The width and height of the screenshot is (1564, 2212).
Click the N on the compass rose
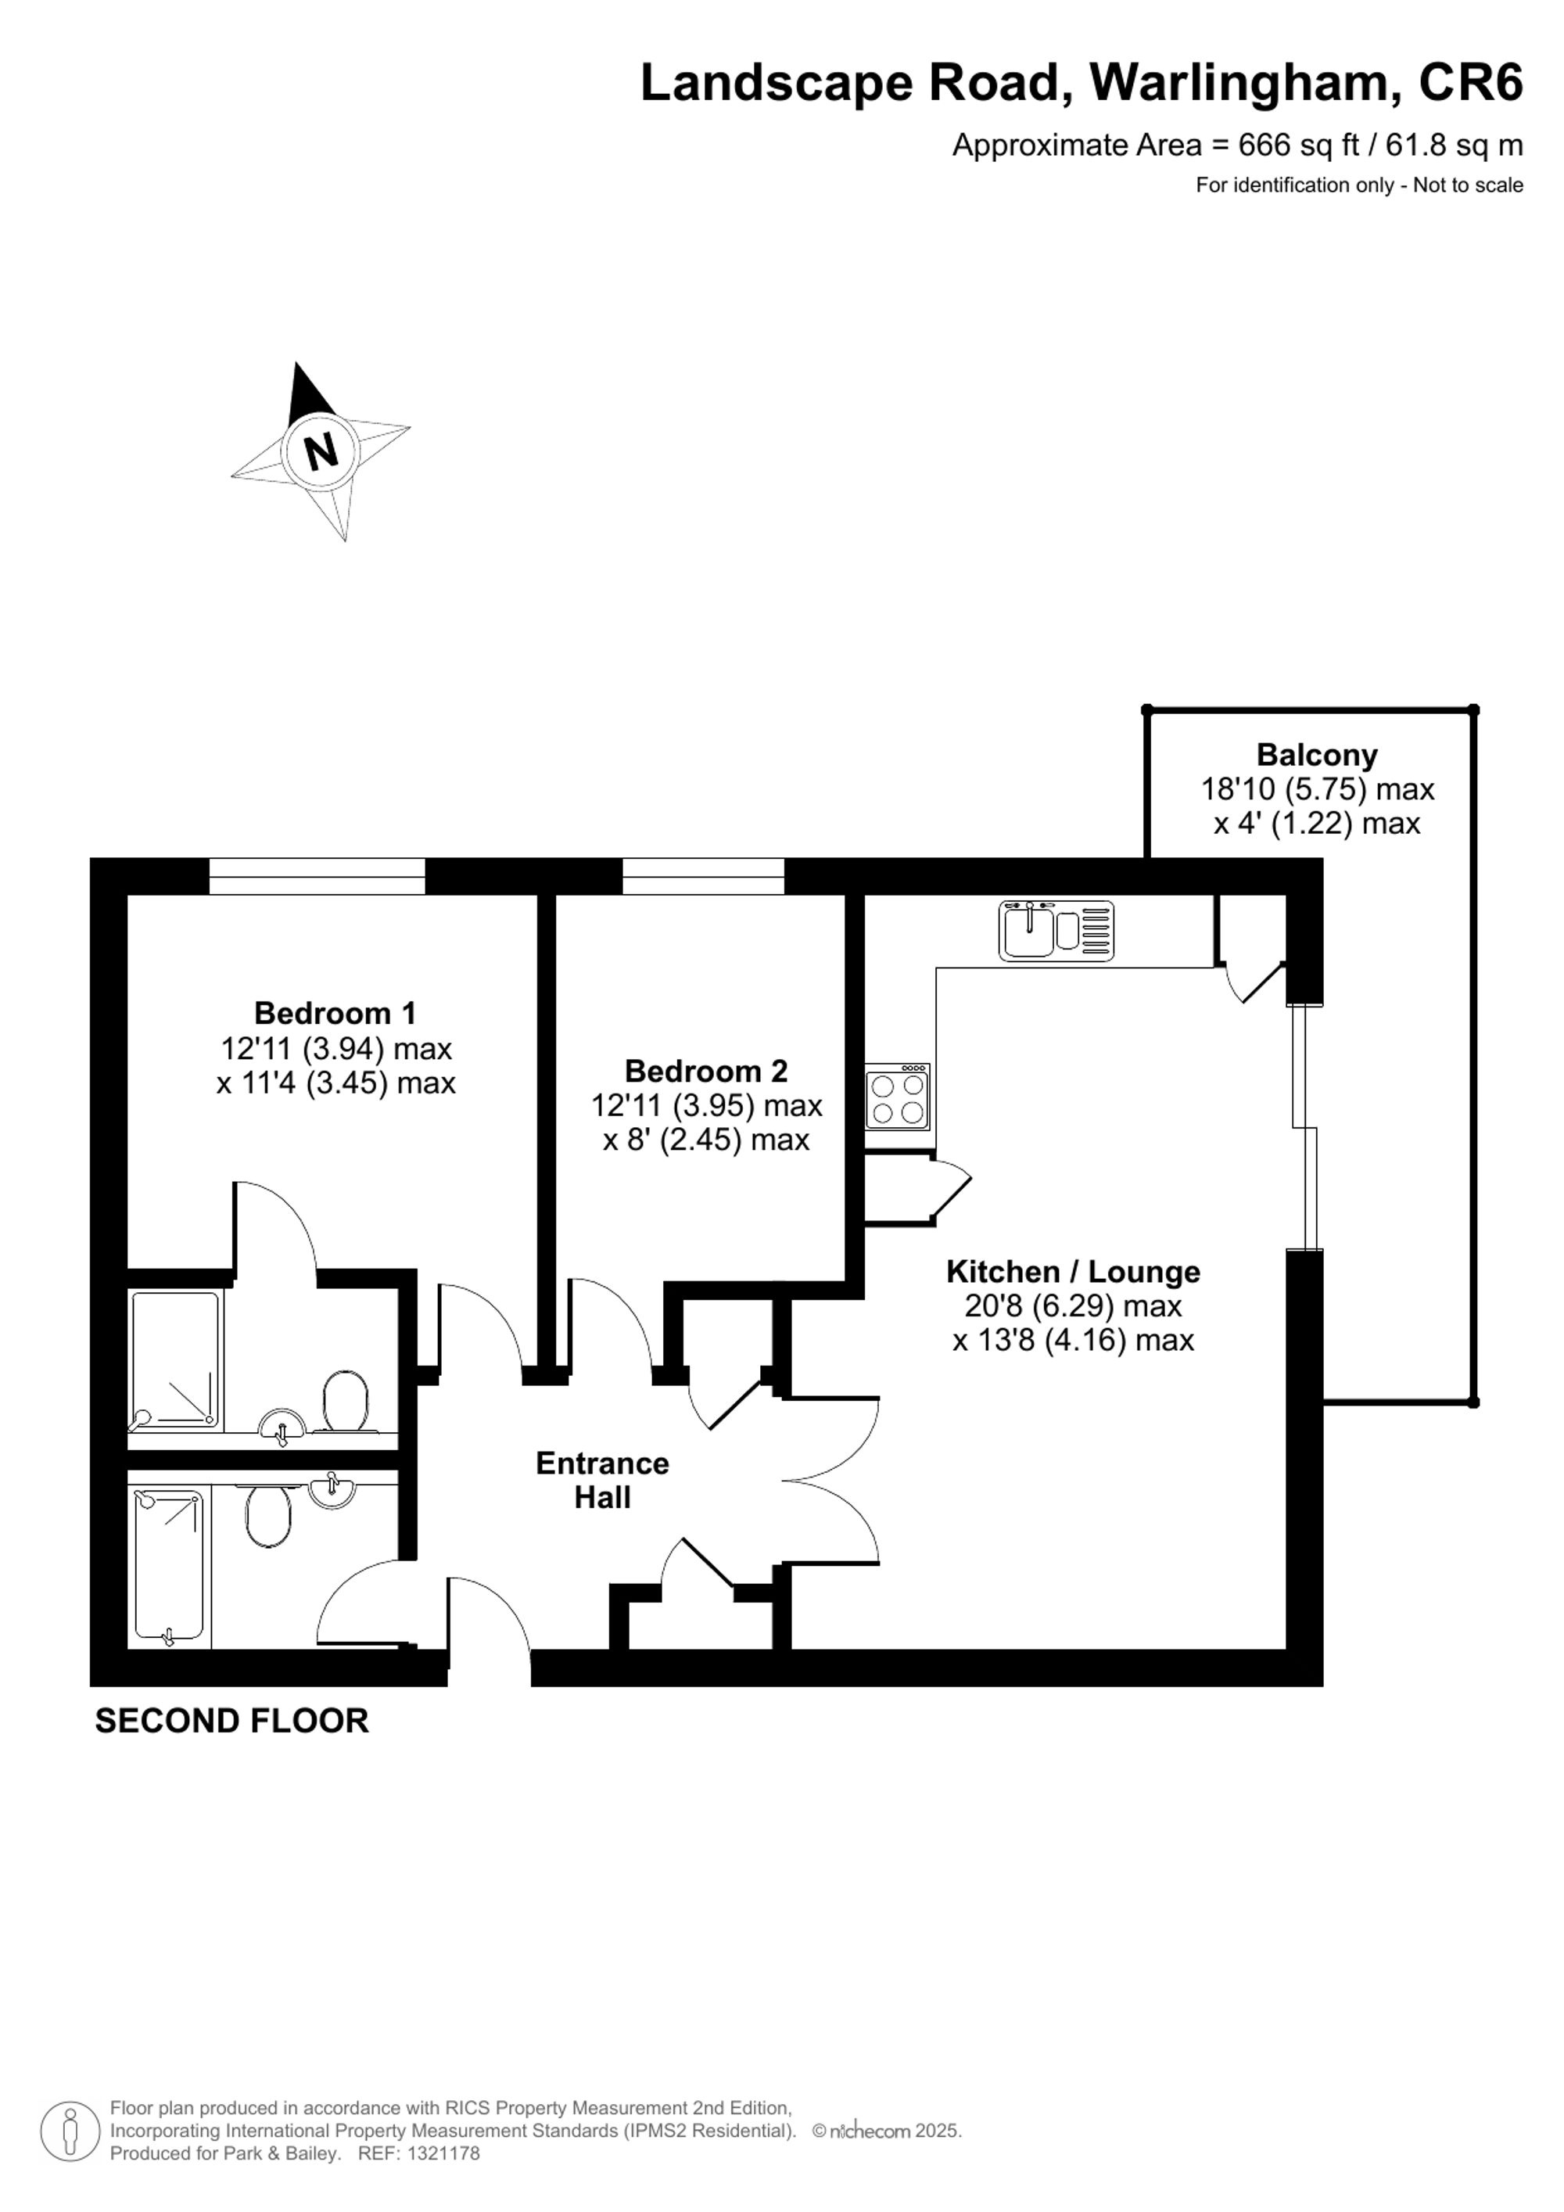tap(321, 449)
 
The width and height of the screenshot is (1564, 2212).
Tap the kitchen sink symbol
tap(1056, 931)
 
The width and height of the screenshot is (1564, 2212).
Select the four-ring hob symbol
tap(897, 1097)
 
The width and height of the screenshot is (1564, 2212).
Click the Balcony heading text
tap(1315, 754)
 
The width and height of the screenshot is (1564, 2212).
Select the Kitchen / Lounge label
tap(1072, 1272)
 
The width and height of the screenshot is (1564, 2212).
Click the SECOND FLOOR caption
tap(231, 1721)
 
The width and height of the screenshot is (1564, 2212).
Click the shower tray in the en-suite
tap(175, 1359)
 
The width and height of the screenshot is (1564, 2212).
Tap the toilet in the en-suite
tap(345, 1402)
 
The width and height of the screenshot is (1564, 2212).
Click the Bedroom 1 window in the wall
tap(317, 876)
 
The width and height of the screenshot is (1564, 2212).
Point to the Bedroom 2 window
tap(703, 876)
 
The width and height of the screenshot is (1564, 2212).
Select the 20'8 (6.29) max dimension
tap(1072, 1306)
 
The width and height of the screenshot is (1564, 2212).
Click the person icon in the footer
tap(70, 2131)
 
